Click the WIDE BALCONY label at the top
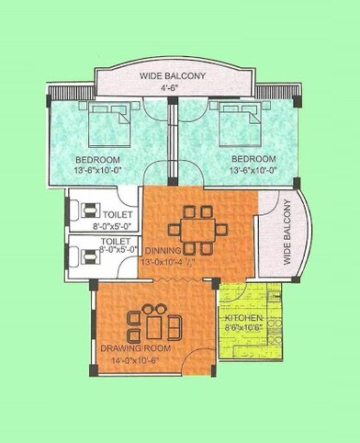173,74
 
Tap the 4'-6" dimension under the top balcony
173,88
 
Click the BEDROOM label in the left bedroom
96,159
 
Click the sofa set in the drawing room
154,324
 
